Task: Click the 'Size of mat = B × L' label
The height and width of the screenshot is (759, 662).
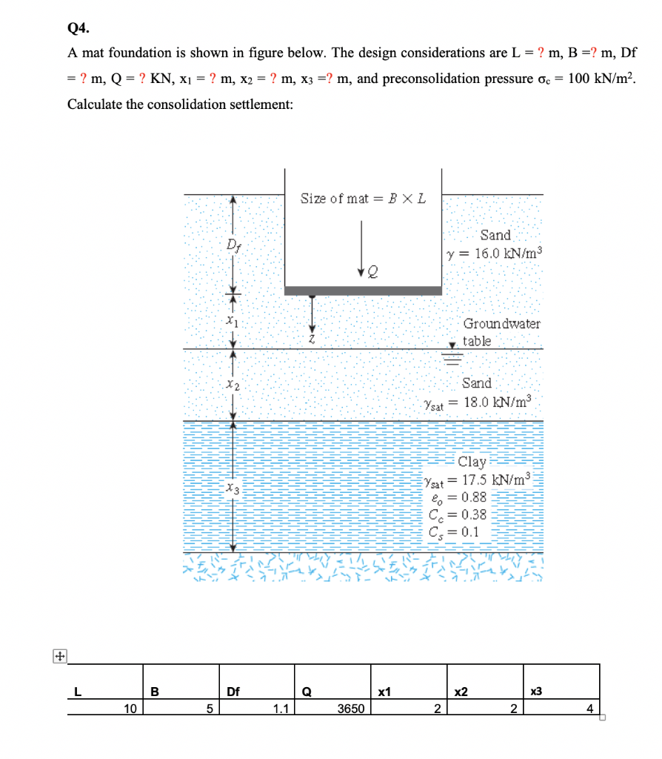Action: (x=363, y=199)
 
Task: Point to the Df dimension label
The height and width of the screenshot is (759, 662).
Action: (x=233, y=244)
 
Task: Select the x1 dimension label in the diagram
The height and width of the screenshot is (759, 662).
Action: (x=233, y=322)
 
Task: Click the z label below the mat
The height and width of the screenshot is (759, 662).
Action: (x=315, y=338)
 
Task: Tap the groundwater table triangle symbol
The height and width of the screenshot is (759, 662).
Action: (x=451, y=345)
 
